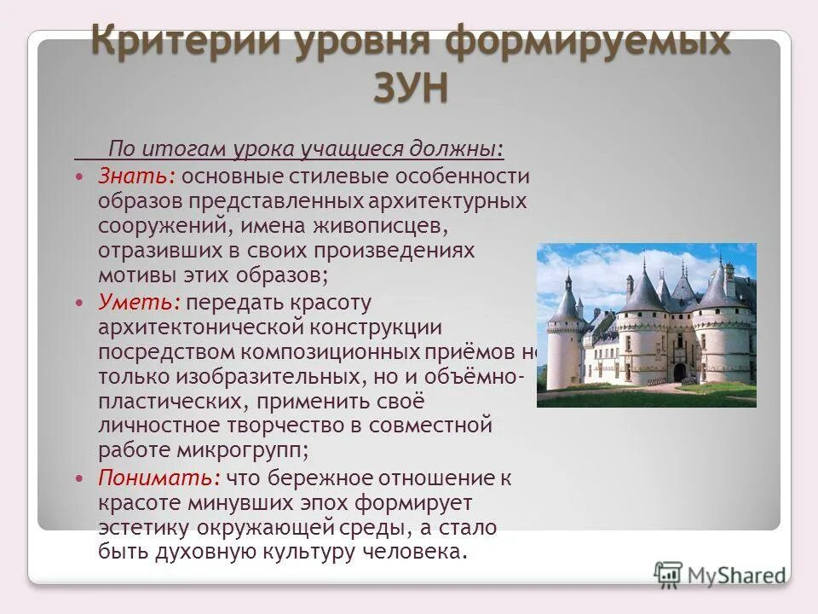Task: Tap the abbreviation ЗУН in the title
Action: (409, 88)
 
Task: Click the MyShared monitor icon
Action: (669, 573)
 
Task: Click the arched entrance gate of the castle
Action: (679, 372)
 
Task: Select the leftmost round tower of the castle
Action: (563, 341)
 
